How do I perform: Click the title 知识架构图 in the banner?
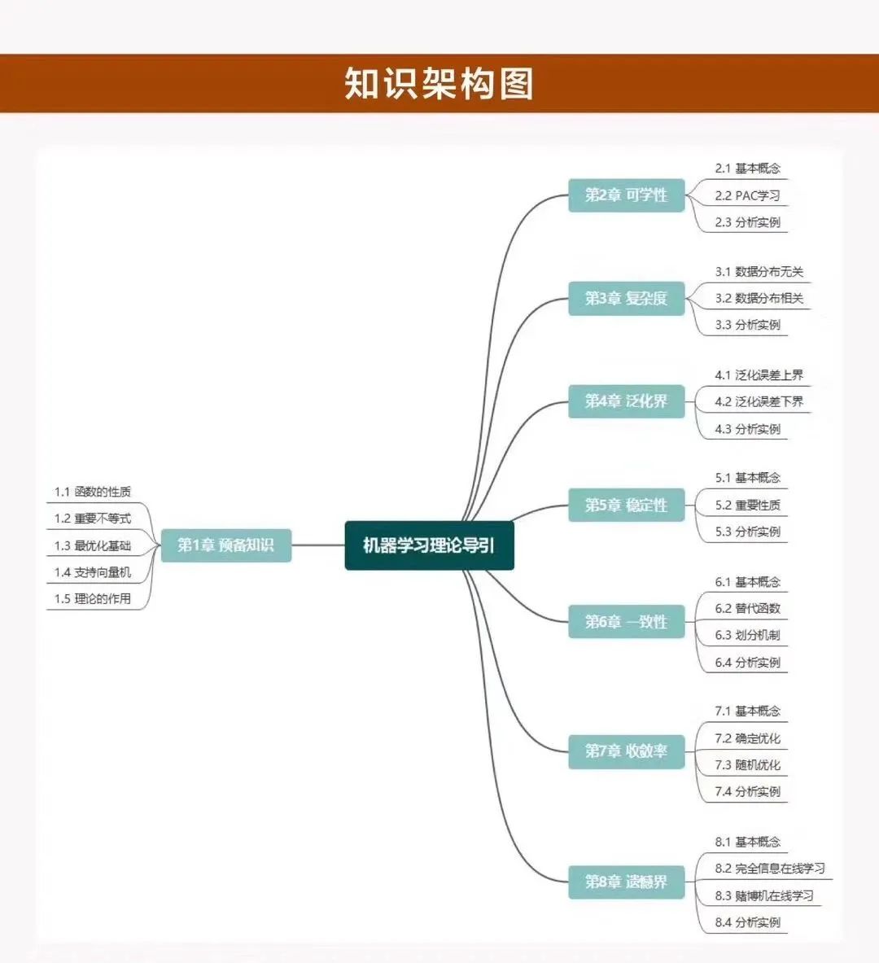[439, 84]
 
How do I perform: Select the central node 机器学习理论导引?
[429, 545]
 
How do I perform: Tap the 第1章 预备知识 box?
[225, 545]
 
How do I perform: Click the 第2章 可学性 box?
[626, 195]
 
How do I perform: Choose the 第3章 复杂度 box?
[626, 298]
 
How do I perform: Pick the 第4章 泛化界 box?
[626, 401]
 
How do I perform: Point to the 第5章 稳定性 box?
[626, 505]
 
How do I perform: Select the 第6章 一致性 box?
[626, 622]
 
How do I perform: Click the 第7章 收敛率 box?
[626, 751]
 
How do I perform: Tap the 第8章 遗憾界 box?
[626, 882]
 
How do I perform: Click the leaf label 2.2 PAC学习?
[747, 195]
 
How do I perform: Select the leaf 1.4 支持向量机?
[93, 572]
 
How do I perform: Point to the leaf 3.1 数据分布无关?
[759, 272]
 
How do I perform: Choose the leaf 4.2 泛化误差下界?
[759, 401]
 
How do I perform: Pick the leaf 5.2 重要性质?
[747, 505]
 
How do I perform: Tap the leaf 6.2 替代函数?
[747, 608]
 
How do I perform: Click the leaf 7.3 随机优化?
[747, 764]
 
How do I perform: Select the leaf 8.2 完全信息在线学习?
[770, 869]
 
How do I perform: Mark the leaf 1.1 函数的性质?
[93, 492]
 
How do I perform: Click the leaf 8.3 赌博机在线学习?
[764, 895]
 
